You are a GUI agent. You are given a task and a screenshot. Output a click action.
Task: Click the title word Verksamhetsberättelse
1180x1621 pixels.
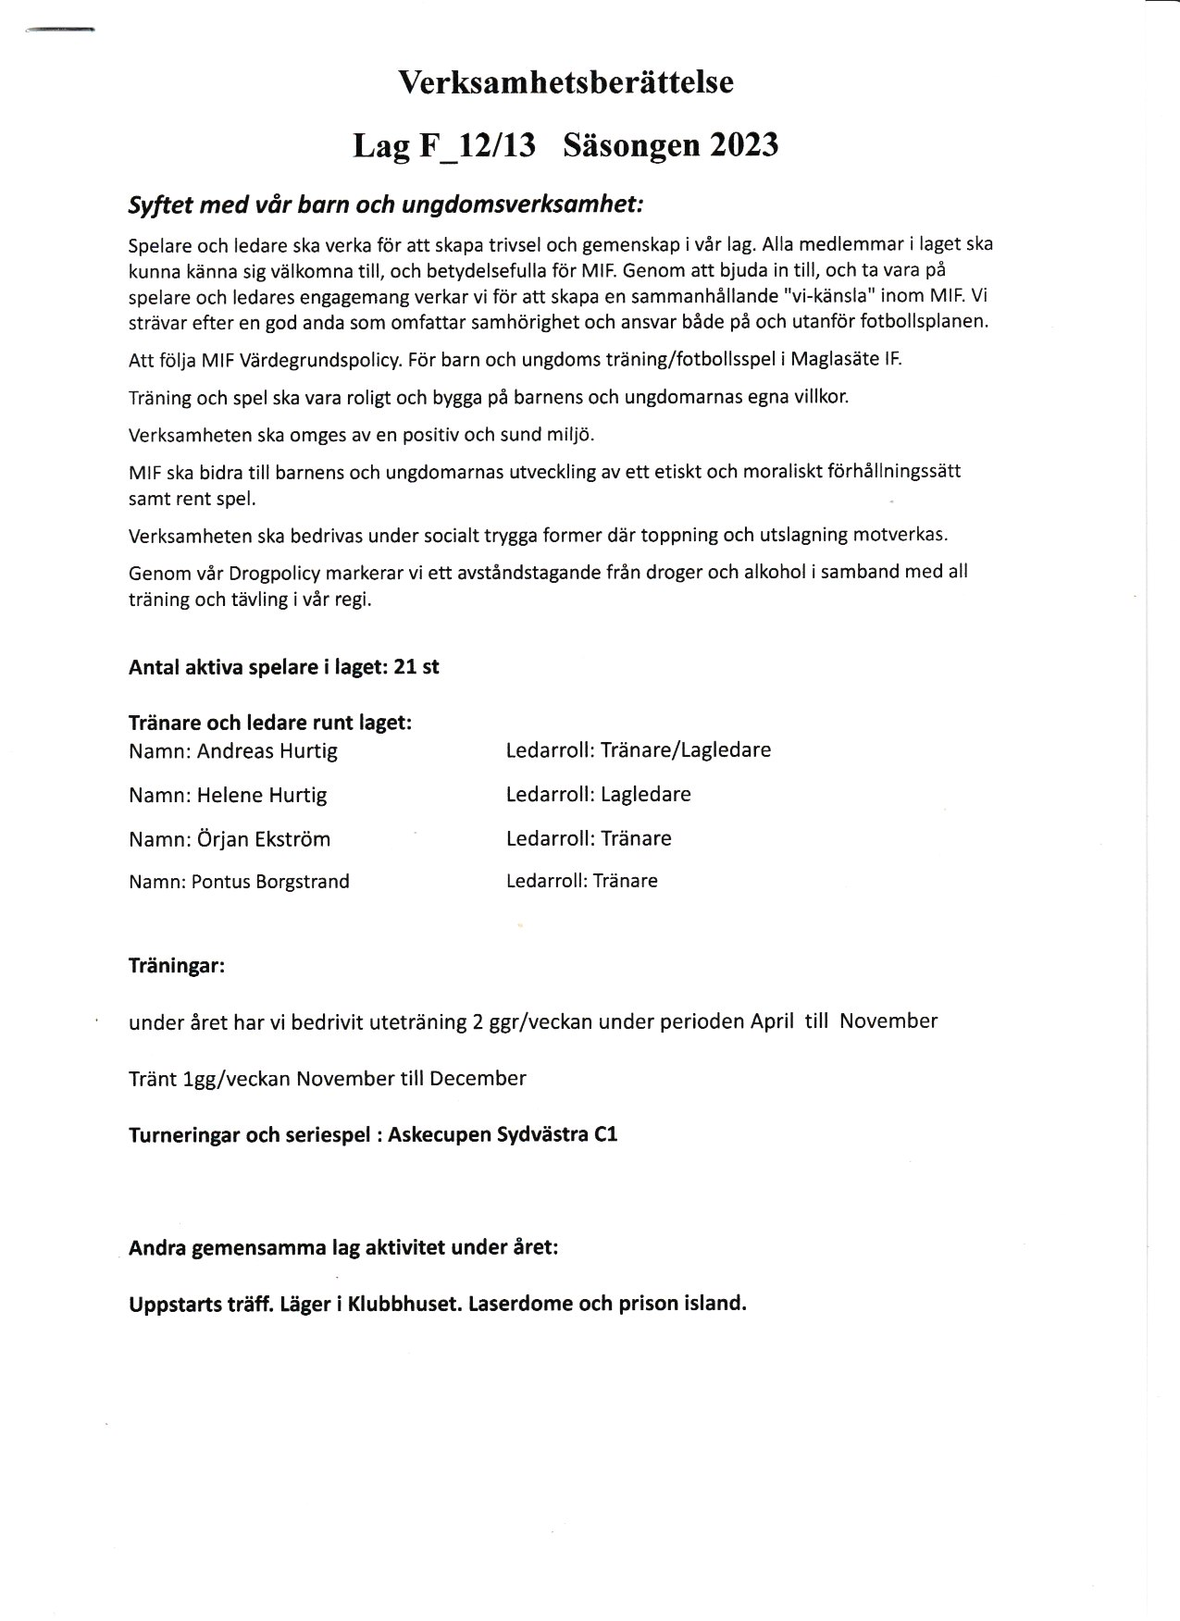[x=565, y=82]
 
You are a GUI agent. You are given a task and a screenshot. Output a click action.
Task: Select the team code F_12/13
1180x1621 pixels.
[x=476, y=146]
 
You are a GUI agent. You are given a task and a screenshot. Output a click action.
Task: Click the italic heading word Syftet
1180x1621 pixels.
[x=158, y=205]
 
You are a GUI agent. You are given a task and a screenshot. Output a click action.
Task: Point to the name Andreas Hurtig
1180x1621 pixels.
[x=267, y=751]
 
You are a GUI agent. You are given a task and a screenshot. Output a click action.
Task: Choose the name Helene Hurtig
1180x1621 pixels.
[x=262, y=796]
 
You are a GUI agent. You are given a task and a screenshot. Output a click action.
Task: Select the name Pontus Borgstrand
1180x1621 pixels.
[x=270, y=882]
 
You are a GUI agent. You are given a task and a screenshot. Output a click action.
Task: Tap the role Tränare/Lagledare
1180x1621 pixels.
[x=686, y=750]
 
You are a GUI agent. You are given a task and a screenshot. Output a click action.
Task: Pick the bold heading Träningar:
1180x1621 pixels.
[x=177, y=967]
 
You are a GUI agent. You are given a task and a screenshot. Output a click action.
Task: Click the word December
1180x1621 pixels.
[x=478, y=1079]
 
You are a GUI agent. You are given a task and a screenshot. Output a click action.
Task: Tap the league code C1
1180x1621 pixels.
[x=605, y=1134]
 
